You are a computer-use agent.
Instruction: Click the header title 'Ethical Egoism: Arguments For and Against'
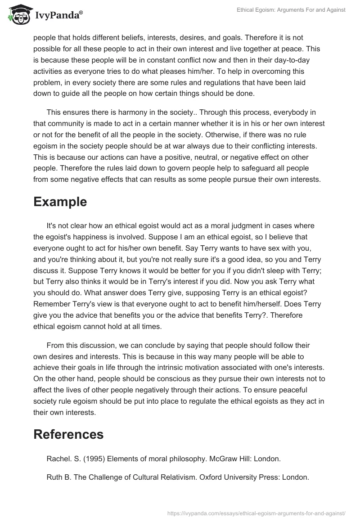[291, 10]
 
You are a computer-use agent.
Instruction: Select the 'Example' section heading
[60, 202]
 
